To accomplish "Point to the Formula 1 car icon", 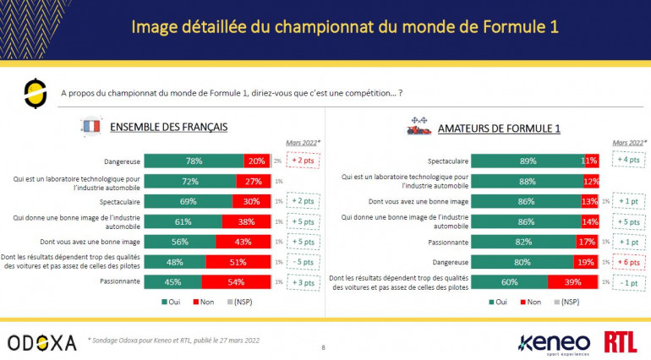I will click(417, 127).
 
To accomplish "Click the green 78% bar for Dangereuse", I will click(194, 161).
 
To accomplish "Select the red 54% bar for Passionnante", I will click(236, 281).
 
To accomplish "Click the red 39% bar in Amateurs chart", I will click(572, 281).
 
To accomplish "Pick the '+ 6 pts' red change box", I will click(626, 262).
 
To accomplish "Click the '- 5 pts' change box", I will click(302, 261).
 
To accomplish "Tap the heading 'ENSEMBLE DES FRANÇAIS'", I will click(169, 128).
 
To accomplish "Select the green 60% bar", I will click(509, 281).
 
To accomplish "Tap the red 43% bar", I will click(243, 241).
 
